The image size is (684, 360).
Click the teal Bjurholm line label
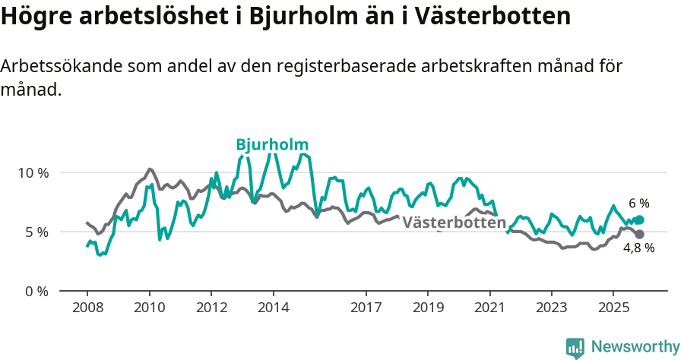tap(272, 145)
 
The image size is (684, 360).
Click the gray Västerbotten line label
tap(454, 223)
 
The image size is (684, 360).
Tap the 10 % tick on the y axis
tap(33, 172)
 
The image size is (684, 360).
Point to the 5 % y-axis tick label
tap(36, 232)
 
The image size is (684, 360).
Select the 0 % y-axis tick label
tap(36, 291)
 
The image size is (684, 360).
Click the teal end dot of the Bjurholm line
tap(639, 220)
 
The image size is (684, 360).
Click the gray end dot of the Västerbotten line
tap(639, 234)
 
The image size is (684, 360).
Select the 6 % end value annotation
tap(639, 204)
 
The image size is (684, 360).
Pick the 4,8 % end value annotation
tap(639, 248)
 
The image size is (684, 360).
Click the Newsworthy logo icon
tap(575, 348)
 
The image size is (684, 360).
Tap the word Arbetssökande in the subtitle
tap(59, 66)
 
